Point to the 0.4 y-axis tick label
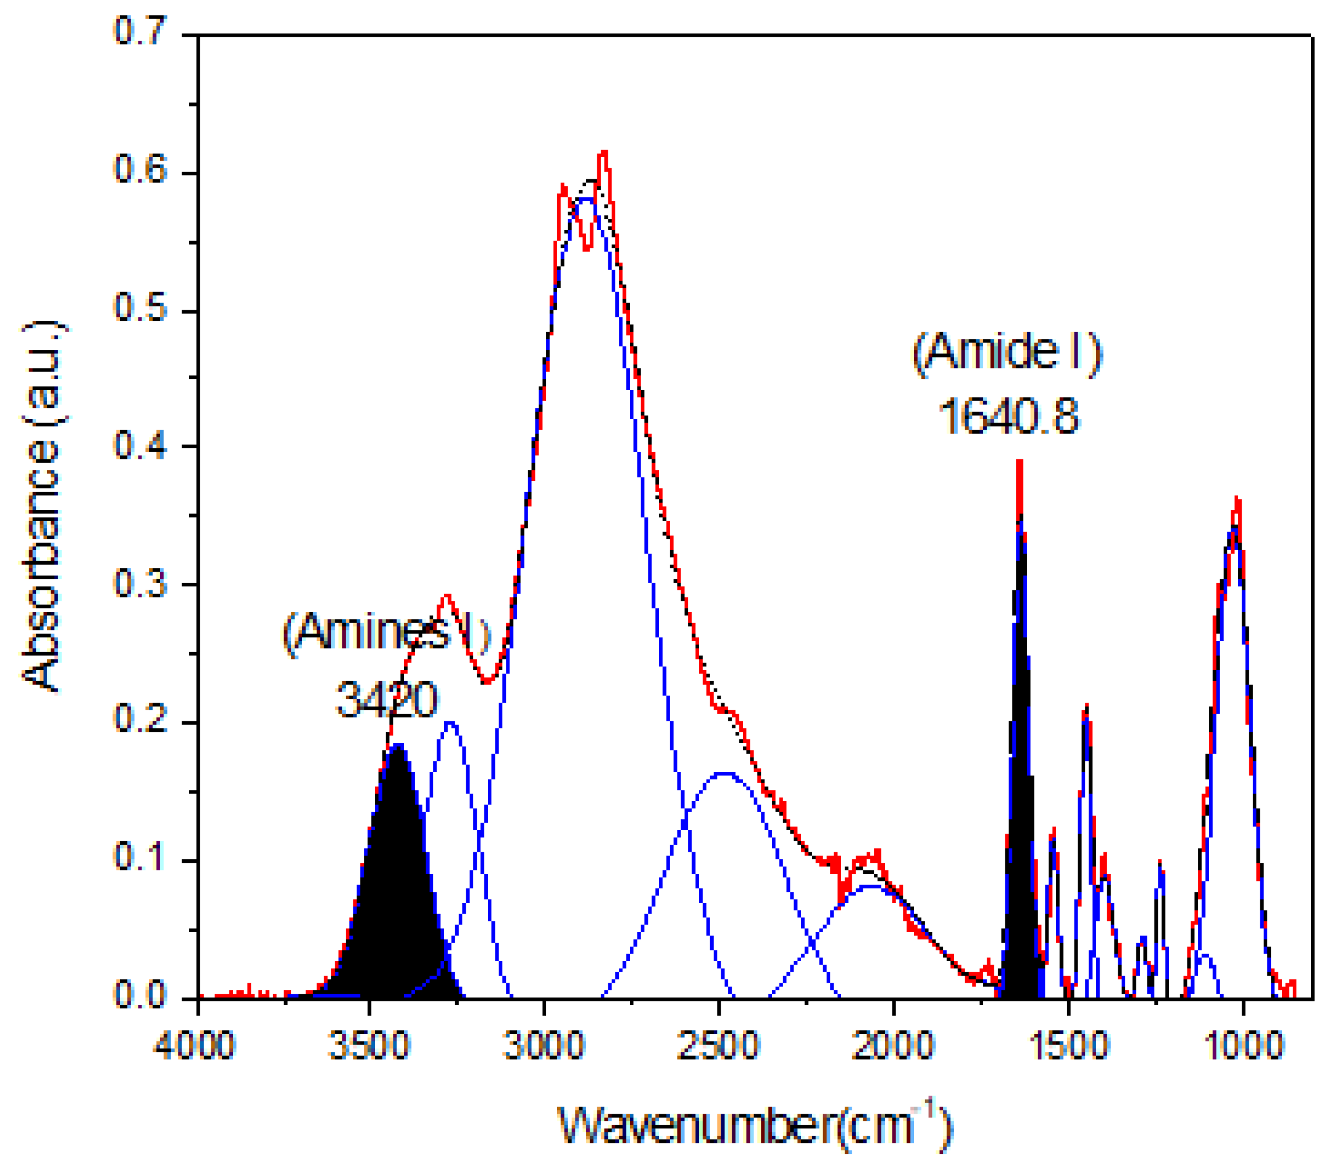click(x=140, y=446)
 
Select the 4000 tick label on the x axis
click(x=194, y=1045)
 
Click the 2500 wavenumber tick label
click(x=718, y=1045)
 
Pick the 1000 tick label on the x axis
click(x=1243, y=1045)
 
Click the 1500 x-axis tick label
click(x=1069, y=1045)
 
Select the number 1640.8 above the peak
click(x=1008, y=416)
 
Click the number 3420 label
click(x=386, y=700)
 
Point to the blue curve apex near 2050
click(x=871, y=887)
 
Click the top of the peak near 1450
click(x=1086, y=708)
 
